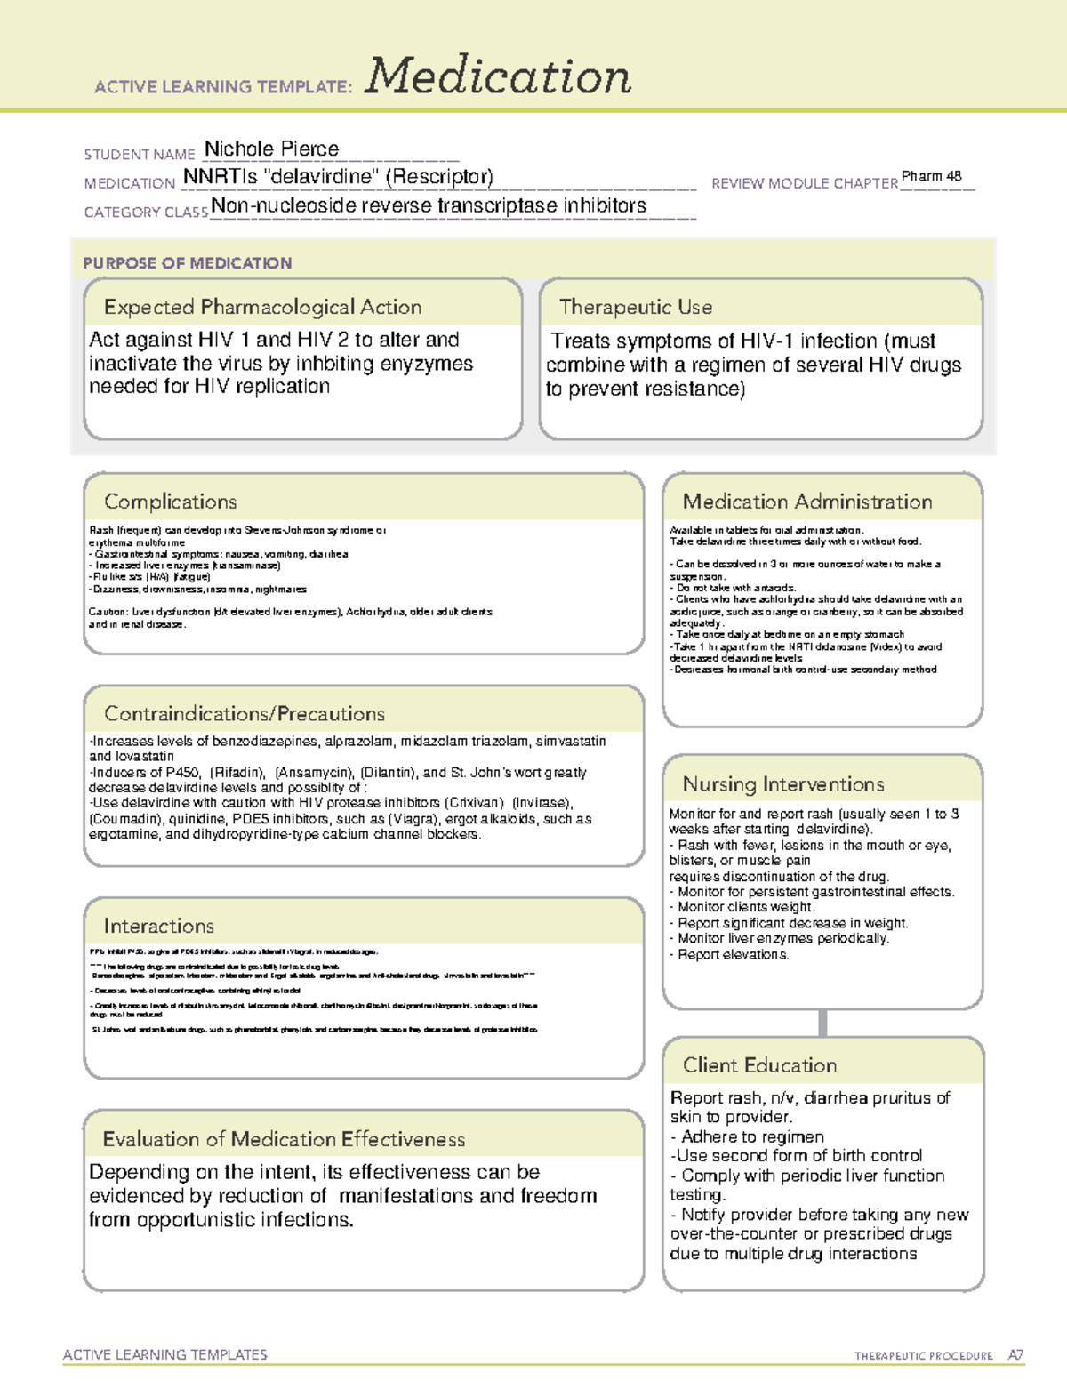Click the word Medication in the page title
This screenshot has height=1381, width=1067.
pyautogui.click(x=498, y=76)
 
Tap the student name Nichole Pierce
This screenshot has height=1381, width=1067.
pyautogui.click(x=271, y=149)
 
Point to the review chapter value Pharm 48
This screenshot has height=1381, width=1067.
pyautogui.click(x=931, y=176)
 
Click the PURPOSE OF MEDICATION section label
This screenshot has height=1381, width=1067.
pyautogui.click(x=187, y=263)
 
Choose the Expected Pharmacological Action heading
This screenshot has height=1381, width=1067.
pyautogui.click(x=262, y=308)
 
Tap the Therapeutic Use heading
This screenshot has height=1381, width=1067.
pyautogui.click(x=636, y=308)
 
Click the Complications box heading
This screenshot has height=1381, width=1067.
pyautogui.click(x=170, y=502)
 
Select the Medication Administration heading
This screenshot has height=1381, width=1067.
pyautogui.click(x=806, y=502)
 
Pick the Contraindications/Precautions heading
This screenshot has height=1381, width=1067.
pyautogui.click(x=245, y=714)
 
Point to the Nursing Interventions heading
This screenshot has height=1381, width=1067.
pyautogui.click(x=783, y=784)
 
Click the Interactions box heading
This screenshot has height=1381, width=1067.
pyautogui.click(x=158, y=927)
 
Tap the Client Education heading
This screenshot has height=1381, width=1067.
pyautogui.click(x=759, y=1065)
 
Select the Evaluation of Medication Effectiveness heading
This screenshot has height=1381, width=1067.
pyautogui.click(x=284, y=1139)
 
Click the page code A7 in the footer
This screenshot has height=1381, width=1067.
pyautogui.click(x=1015, y=1355)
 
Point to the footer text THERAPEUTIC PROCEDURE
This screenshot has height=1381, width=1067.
pyautogui.click(x=923, y=1356)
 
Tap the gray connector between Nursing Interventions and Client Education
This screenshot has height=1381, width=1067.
pyautogui.click(x=822, y=1023)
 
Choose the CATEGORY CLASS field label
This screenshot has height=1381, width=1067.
pyautogui.click(x=146, y=213)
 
